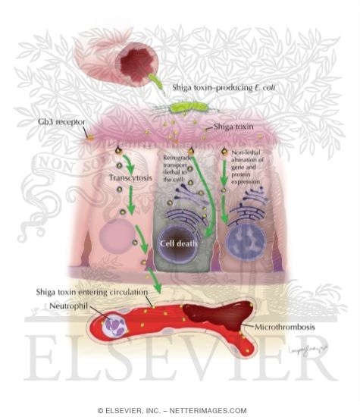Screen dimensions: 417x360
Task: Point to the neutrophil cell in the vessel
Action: pyautogui.click(x=120, y=326)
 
